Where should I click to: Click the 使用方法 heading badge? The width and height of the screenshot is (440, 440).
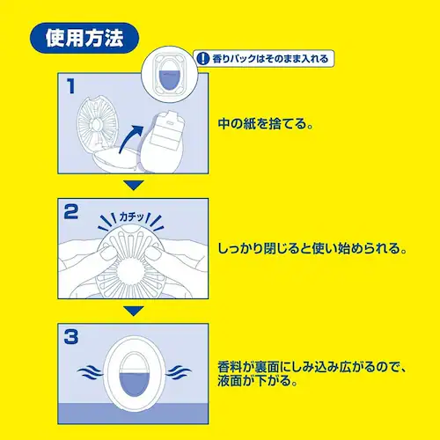(x=84, y=38)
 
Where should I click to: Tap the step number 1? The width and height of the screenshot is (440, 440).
(x=71, y=86)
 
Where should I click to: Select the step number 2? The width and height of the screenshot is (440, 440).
(x=71, y=212)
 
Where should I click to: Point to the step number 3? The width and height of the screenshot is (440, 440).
(x=71, y=337)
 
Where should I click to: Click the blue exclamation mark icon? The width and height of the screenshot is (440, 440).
(x=202, y=59)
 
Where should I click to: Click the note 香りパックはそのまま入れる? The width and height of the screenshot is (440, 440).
(x=270, y=59)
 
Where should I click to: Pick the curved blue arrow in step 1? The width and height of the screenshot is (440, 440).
(x=131, y=138)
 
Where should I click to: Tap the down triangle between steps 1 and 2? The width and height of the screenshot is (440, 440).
(x=134, y=186)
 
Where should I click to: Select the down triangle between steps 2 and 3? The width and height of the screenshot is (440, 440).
(x=134, y=311)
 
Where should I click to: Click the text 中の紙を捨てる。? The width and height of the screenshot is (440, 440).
(x=266, y=123)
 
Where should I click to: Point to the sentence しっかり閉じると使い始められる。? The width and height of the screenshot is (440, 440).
(x=312, y=248)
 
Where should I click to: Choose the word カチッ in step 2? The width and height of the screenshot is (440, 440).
(x=132, y=217)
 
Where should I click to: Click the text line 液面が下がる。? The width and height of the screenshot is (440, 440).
(x=257, y=381)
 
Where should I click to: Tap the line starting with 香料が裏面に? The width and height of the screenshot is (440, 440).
(x=312, y=367)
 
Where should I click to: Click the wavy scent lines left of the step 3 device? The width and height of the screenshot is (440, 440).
(x=91, y=373)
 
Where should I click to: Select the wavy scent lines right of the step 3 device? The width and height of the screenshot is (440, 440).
(x=179, y=373)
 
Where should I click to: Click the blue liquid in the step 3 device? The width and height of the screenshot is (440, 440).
(x=135, y=383)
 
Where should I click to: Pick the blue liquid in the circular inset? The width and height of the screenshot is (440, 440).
(x=170, y=78)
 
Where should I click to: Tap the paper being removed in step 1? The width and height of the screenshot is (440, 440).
(x=166, y=130)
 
